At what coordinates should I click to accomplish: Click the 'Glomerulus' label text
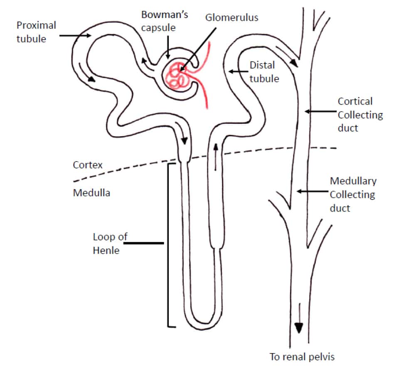tap(232, 17)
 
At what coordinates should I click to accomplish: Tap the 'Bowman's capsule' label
tap(165, 22)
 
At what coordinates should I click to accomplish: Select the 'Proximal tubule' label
tap(36, 32)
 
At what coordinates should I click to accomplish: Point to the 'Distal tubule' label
tap(264, 71)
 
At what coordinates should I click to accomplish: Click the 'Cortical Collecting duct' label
tap(360, 114)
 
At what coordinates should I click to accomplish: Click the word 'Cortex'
tap(88, 164)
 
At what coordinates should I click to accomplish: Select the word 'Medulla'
tap(91, 193)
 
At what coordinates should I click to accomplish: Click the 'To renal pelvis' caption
tap(302, 356)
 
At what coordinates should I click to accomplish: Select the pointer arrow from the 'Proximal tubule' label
tap(75, 36)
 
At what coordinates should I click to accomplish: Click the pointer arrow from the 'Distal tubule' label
tap(237, 71)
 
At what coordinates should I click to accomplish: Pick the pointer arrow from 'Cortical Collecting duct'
tap(320, 111)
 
